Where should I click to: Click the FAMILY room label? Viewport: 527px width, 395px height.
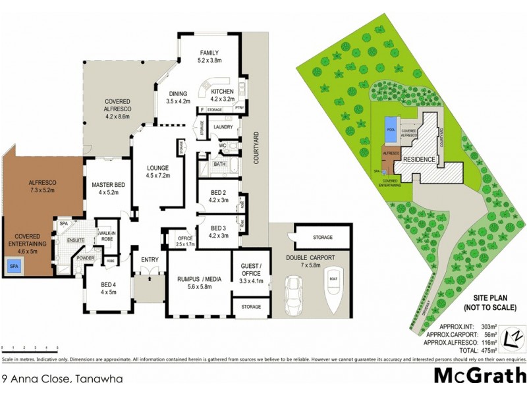[209, 53]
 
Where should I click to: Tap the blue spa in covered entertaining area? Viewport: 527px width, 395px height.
[14, 266]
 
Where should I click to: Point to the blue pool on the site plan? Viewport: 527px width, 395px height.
[391, 124]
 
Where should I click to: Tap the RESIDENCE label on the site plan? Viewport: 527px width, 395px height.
[419, 159]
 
